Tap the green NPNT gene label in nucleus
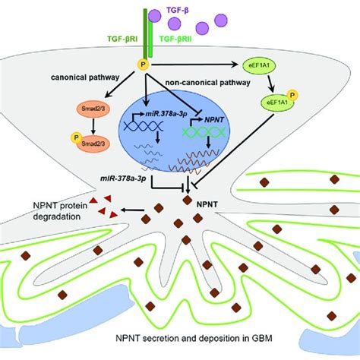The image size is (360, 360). [x=227, y=119]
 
